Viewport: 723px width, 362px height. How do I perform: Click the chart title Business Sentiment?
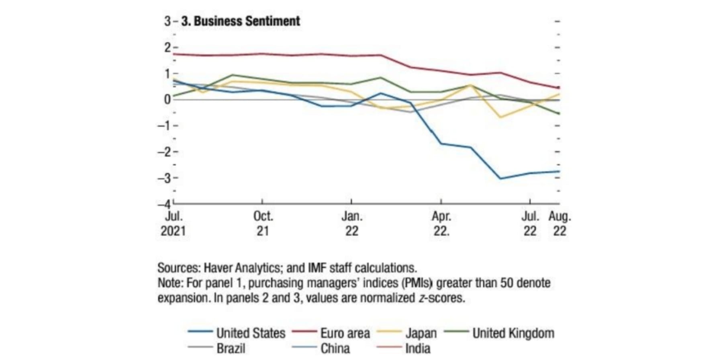241,21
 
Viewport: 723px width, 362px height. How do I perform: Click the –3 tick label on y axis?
163,178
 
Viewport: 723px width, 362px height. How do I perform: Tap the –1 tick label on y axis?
163,126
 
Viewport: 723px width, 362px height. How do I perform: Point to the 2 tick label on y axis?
167,47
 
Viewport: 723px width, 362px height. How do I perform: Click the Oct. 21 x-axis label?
263,224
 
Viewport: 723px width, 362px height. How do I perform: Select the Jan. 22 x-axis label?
352,224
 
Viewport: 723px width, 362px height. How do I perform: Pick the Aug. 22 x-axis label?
560,224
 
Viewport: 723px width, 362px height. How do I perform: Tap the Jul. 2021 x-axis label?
174,224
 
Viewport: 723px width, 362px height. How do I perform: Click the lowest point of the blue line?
500,179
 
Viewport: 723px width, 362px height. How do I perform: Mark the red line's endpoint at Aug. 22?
559,88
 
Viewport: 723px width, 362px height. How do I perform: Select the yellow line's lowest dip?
500,117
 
